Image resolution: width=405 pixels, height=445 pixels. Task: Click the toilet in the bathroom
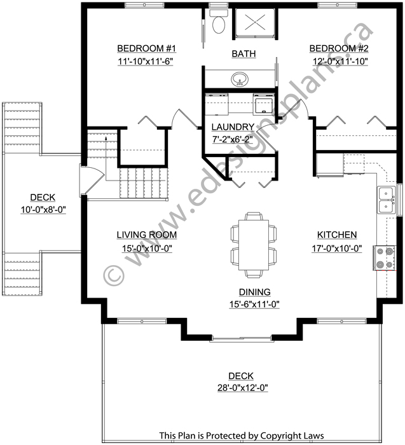click(219, 21)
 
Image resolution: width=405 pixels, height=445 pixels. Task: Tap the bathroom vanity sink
click(240, 79)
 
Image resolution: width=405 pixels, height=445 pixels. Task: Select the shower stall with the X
click(255, 23)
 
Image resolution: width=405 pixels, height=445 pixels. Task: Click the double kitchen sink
click(386, 200)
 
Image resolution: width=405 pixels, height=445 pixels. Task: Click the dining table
click(254, 245)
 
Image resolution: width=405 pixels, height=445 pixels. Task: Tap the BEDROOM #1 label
click(146, 48)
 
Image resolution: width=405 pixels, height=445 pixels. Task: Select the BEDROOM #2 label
click(339, 48)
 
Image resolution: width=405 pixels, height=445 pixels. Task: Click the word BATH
click(244, 53)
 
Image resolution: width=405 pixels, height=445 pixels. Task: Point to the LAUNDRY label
click(233, 127)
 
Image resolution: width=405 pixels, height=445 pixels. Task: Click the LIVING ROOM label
click(147, 235)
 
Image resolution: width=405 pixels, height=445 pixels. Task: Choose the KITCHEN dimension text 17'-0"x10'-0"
click(337, 249)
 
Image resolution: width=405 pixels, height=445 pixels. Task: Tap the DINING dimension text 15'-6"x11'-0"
click(254, 305)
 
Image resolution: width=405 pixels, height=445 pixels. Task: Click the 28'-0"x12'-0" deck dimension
click(243, 388)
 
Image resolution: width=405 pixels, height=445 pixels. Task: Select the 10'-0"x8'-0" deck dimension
click(43, 210)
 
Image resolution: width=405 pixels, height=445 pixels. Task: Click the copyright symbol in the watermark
click(114, 275)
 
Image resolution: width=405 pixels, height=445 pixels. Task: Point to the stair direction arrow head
click(106, 138)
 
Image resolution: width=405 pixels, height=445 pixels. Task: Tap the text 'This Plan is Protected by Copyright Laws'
click(241, 435)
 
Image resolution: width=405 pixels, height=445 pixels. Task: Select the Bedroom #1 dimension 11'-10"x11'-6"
click(146, 61)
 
